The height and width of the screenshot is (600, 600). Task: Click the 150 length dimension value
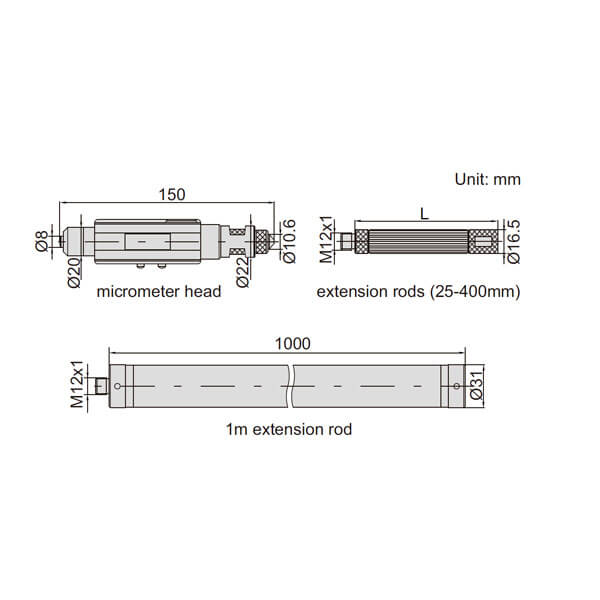pos(172,194)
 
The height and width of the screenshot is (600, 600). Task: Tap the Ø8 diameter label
pos(42,241)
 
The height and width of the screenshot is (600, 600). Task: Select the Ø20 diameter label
pos(74,272)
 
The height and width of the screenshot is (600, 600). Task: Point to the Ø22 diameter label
pos(243,272)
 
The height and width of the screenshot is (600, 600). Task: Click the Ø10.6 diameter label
pos(289,241)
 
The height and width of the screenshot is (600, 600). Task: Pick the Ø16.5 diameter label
pos(514,241)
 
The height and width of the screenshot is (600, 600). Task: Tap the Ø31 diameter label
pos(477,385)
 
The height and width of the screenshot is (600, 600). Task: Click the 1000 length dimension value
pos(293,344)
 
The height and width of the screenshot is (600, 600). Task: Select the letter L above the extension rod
pos(424,214)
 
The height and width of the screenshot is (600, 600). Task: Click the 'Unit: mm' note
pos(488,179)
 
